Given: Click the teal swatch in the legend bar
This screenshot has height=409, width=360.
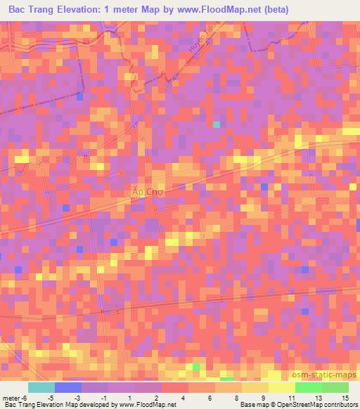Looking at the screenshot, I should (x=41, y=387).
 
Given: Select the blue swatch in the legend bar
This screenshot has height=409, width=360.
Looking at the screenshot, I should (x=68, y=387).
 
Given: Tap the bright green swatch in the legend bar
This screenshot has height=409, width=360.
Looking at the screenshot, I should (x=308, y=387).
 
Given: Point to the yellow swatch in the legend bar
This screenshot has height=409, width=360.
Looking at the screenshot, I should (x=281, y=387).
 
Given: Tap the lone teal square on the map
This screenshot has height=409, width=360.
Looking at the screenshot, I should (x=217, y=124).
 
